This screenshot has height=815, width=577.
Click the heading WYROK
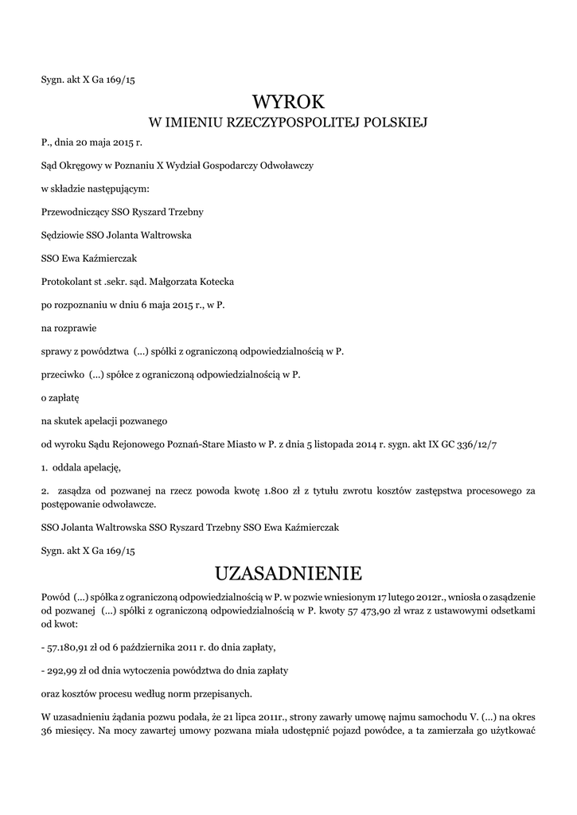tap(289, 102)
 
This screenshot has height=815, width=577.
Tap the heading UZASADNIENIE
tap(289, 573)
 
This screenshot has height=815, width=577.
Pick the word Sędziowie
tap(62, 236)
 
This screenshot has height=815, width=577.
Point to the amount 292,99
tap(63, 671)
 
